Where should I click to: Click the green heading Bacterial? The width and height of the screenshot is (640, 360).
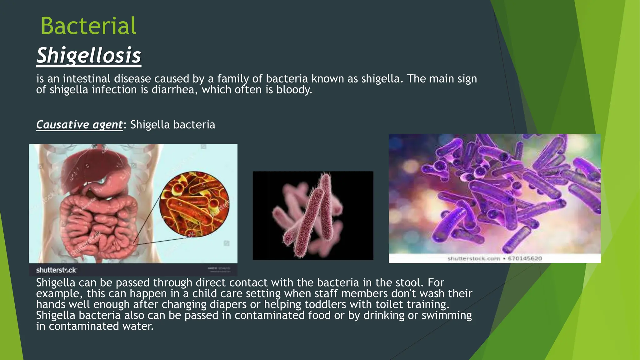point(88,26)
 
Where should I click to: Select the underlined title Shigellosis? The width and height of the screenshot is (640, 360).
point(89,56)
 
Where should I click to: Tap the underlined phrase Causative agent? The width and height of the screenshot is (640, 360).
point(79,125)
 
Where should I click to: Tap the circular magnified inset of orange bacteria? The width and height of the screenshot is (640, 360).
point(194,204)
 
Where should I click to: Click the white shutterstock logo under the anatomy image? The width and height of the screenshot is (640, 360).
point(56,270)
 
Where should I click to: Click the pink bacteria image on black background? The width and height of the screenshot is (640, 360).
point(313,215)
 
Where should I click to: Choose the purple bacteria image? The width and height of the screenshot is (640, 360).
point(495,194)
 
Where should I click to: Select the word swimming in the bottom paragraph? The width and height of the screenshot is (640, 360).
point(447,315)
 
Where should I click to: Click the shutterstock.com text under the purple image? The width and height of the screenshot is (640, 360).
point(474,258)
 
